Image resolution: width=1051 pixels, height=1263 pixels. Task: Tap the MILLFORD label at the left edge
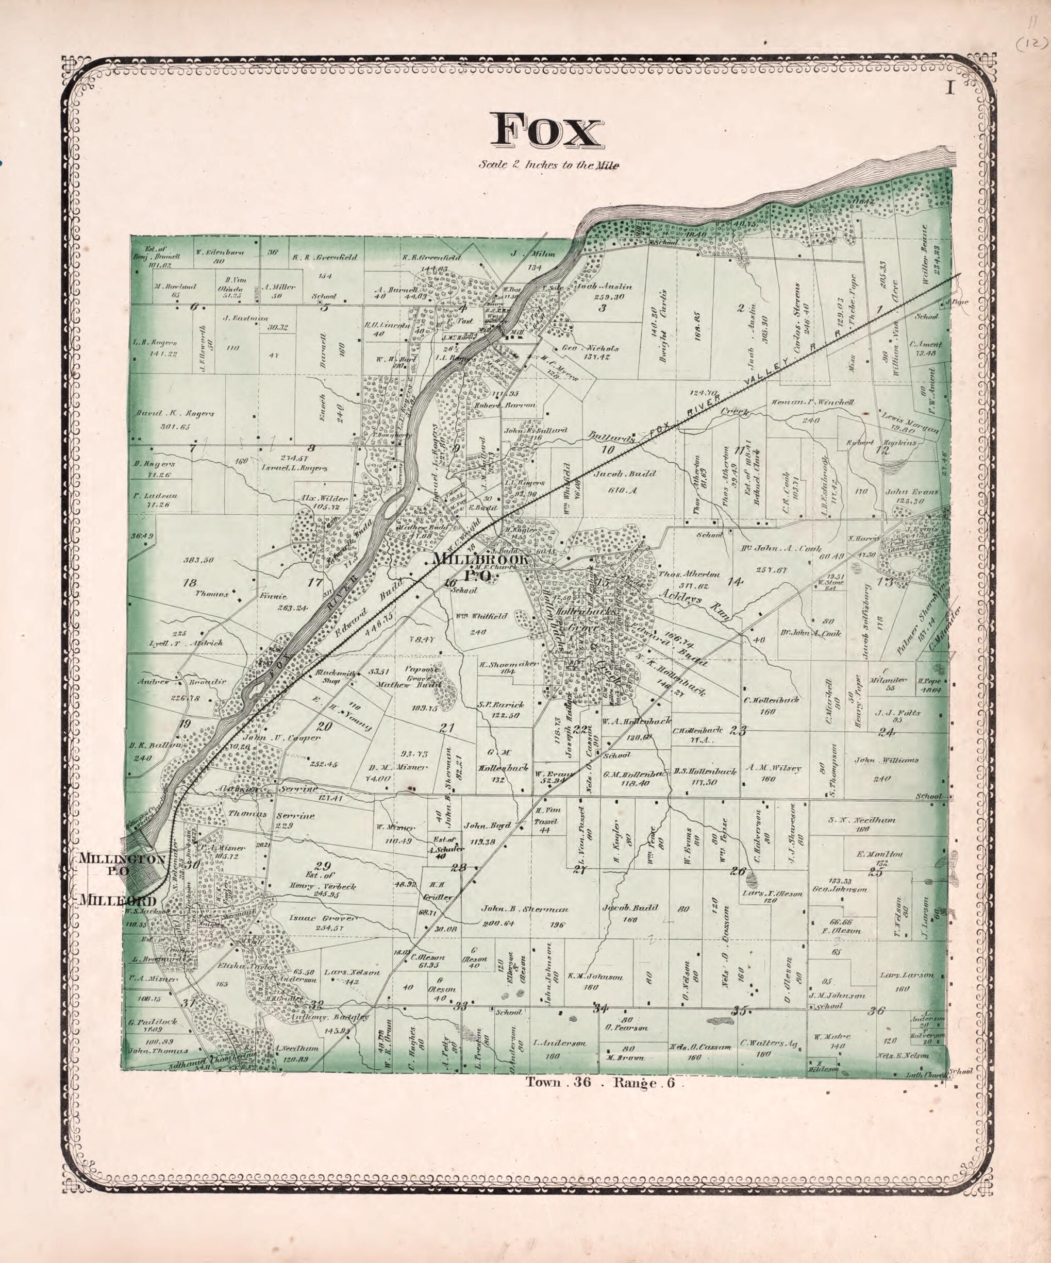click(118, 900)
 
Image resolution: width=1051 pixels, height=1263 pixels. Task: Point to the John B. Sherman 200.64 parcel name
click(524, 910)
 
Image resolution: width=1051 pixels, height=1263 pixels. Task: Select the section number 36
click(877, 1012)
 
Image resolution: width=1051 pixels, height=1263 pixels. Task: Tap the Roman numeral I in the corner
click(950, 89)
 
